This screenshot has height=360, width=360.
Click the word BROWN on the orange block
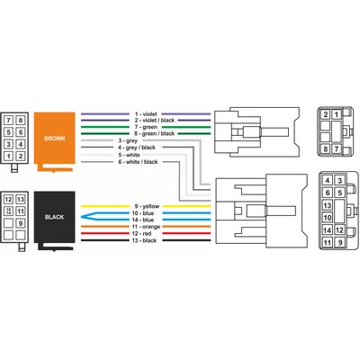click(54, 139)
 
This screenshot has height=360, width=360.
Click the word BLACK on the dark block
click(54, 217)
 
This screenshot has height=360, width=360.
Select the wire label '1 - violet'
click(146, 114)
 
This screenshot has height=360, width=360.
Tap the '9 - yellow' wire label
click(147, 206)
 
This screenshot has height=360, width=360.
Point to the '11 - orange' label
click(146, 227)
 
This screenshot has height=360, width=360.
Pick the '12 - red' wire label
click(141, 234)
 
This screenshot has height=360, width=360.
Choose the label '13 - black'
click(144, 240)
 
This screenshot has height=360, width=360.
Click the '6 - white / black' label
click(138, 162)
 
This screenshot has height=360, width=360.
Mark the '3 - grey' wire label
click(128, 140)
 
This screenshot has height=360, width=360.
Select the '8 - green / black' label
click(154, 133)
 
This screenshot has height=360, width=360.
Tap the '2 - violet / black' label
click(154, 121)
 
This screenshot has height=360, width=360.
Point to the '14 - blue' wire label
click(143, 220)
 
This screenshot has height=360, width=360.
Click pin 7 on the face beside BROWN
click(9, 121)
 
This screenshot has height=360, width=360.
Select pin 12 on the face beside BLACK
click(9, 200)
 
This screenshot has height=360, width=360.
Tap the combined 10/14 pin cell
click(9, 211)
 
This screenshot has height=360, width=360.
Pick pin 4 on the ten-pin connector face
click(328, 180)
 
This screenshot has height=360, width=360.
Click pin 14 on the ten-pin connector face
click(328, 230)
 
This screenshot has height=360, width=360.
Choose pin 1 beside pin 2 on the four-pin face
click(337, 114)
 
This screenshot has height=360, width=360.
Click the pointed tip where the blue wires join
click(82, 216)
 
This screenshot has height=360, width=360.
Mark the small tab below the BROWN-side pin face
click(14, 168)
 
